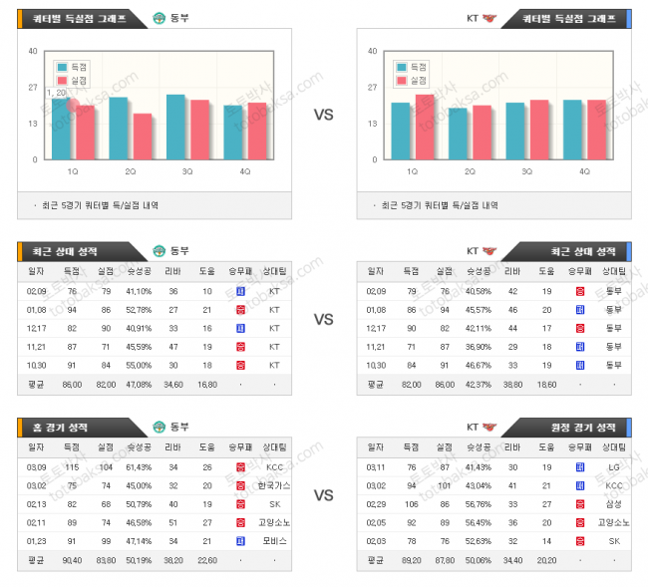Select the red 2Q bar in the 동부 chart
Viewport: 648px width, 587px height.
(143, 137)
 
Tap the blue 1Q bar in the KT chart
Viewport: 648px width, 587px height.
(401, 131)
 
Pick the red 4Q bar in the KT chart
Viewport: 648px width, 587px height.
(596, 130)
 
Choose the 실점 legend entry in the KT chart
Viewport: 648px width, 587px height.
(415, 80)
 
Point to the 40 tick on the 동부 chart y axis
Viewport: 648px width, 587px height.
(33, 51)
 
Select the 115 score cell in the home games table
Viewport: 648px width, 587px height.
(72, 466)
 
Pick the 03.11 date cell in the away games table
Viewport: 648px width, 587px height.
(376, 466)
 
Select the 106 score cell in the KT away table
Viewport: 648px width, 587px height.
(411, 503)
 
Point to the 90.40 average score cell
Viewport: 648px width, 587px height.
(72, 559)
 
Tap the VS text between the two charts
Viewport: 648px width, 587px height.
(323, 115)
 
